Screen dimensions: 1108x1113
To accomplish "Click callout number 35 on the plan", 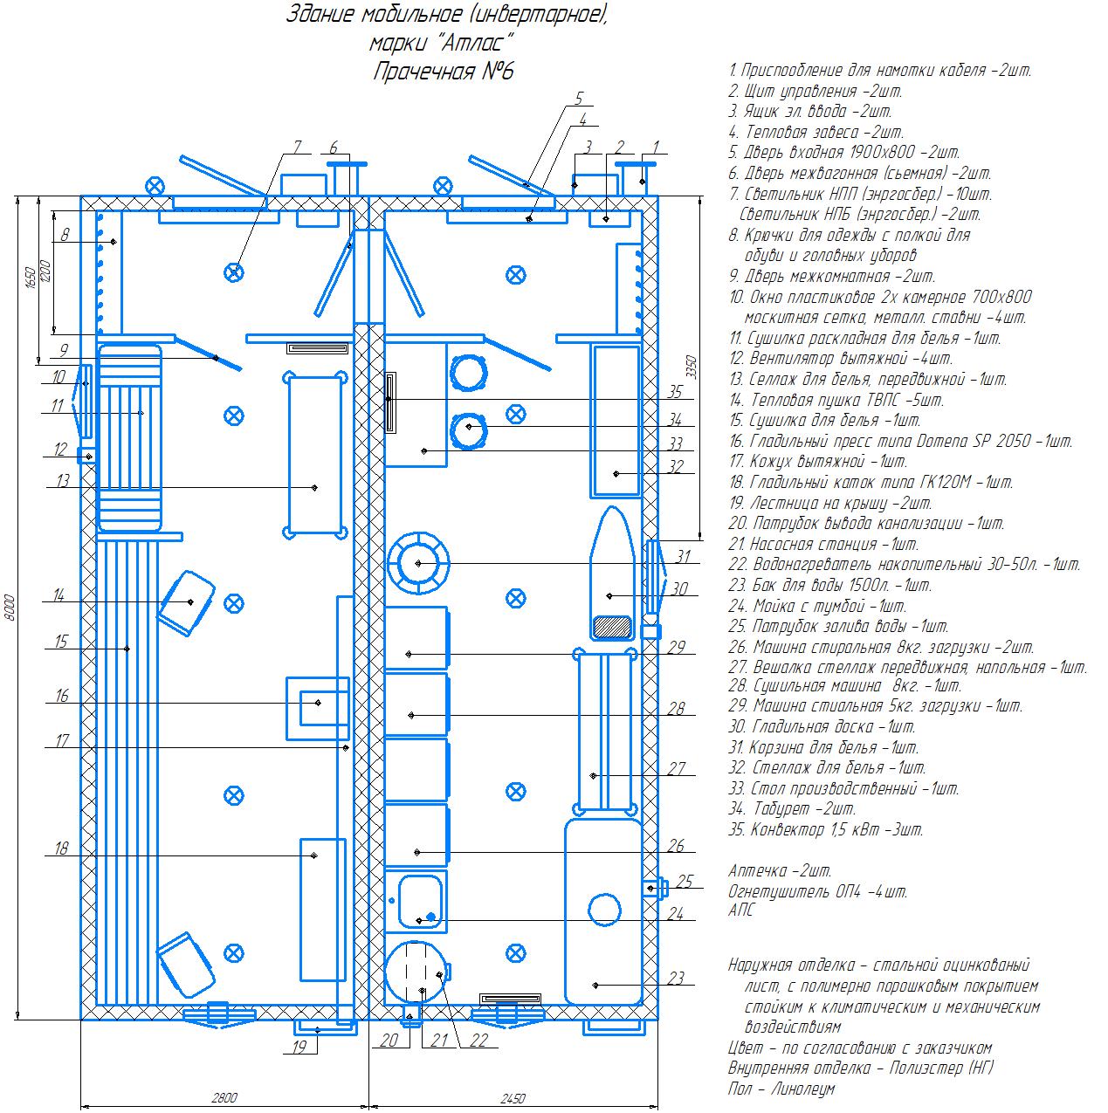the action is click(675, 392).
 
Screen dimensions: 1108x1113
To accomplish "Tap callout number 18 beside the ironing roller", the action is click(61, 848).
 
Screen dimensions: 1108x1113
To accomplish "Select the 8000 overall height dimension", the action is click(10, 607).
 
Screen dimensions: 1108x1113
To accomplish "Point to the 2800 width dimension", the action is click(224, 1097).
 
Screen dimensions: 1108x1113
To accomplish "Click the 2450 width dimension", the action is click(513, 1098).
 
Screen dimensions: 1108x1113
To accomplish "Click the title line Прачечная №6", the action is click(444, 72).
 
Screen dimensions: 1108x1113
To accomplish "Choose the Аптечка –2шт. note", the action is click(780, 870).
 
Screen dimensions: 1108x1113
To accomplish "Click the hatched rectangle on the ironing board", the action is click(613, 627).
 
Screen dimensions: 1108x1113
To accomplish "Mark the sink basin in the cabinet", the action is click(420, 902).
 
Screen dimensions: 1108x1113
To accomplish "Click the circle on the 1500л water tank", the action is click(604, 910).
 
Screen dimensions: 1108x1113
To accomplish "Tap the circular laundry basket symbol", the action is click(418, 563).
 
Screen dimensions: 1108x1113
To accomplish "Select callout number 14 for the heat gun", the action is click(58, 595).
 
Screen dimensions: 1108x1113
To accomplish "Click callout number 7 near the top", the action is click(297, 148).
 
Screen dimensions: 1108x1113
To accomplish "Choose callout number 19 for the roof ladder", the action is click(299, 1048).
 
